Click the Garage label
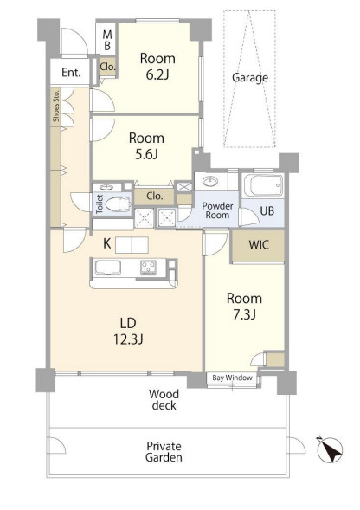250,78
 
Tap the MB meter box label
107,39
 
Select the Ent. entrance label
71,72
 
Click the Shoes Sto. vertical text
56,106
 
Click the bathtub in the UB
263,185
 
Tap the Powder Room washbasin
210,180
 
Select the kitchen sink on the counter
107,268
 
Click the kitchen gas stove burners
148,268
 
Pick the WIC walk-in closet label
259,245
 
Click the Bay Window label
232,378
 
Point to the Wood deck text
164,400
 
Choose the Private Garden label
164,451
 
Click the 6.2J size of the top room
157,74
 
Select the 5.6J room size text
146,154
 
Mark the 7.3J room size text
244,314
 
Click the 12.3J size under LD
128,339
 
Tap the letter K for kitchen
106,243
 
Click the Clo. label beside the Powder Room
155,197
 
